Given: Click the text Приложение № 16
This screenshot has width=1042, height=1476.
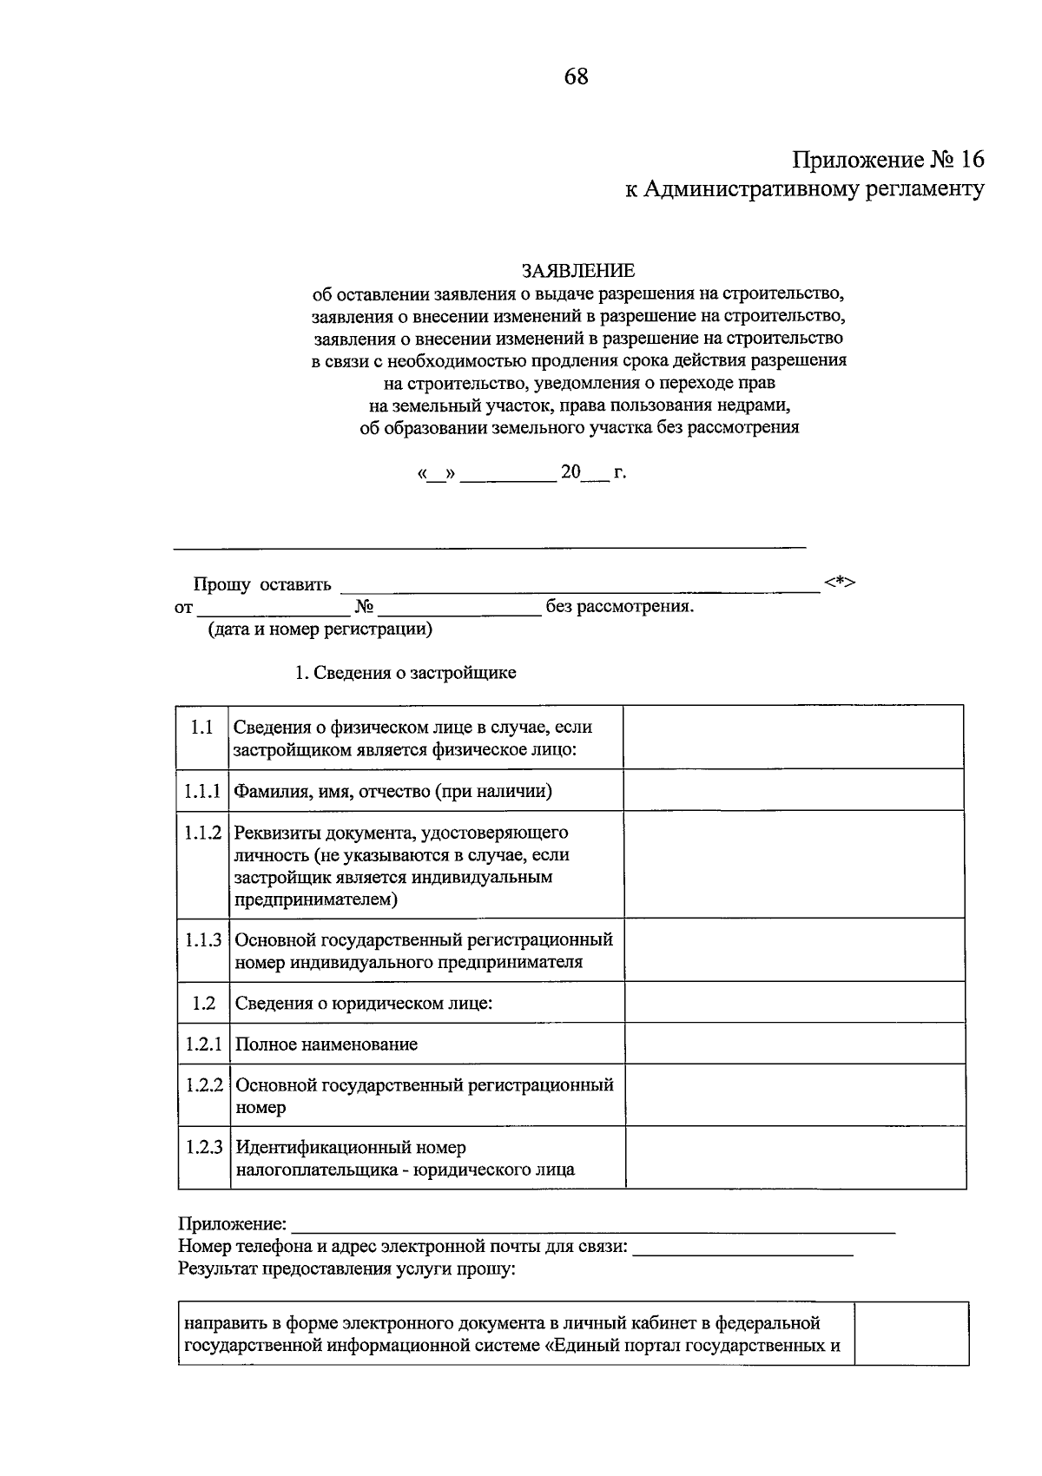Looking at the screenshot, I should coord(888,160).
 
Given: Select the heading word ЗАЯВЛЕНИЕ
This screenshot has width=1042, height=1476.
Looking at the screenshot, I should coord(577,271).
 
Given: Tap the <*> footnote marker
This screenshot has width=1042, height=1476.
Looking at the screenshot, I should coord(840,582).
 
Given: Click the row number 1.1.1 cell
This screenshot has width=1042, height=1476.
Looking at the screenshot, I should coord(202,790).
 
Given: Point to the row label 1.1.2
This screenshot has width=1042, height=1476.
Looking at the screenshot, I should coord(202,833).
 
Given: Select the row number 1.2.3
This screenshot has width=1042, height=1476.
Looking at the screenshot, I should coord(203,1147).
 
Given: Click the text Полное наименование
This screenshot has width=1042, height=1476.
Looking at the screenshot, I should coord(326,1044).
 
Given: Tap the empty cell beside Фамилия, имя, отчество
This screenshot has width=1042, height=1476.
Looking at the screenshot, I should coord(793,790).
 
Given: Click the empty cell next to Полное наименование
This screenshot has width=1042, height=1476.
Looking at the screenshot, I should coord(795,1044).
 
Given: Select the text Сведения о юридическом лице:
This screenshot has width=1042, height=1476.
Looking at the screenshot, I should coord(364,1003).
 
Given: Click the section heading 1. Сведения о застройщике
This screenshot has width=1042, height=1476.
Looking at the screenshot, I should coord(406,673).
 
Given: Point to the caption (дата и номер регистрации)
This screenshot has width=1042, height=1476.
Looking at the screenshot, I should coord(319,629).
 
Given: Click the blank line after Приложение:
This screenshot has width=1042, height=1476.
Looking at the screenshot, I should coord(592,1226).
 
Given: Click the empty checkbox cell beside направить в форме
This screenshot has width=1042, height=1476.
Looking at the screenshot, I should coord(911,1333).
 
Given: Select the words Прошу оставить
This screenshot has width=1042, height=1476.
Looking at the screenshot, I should coord(261,584).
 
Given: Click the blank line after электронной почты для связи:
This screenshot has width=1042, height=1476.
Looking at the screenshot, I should coord(742,1249).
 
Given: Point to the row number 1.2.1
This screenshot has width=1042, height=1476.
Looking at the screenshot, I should coord(203,1044).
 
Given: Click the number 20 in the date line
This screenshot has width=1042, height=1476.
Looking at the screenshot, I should coord(570,472).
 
